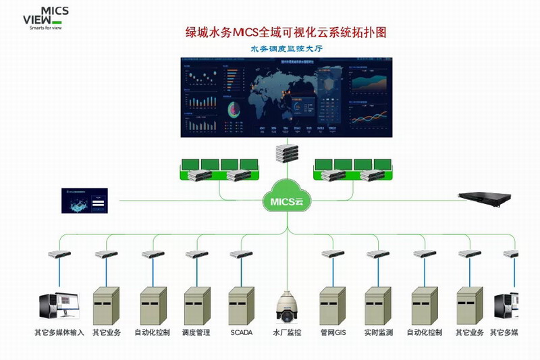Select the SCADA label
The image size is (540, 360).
pyautogui.click(x=241, y=333)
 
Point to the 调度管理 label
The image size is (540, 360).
pyautogui.click(x=196, y=333)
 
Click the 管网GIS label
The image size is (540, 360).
pyautogui.click(x=333, y=333)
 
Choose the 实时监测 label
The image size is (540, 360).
pyautogui.click(x=379, y=333)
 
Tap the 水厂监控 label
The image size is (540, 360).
pyautogui.click(x=286, y=333)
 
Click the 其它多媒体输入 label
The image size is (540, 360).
pyautogui.click(x=59, y=333)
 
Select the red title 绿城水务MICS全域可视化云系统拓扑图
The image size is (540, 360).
pyautogui.click(x=286, y=32)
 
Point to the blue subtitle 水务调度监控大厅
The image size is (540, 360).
pyautogui.click(x=286, y=49)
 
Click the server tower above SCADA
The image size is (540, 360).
pyautogui.click(x=241, y=305)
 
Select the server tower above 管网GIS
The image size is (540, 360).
pyautogui.click(x=333, y=305)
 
